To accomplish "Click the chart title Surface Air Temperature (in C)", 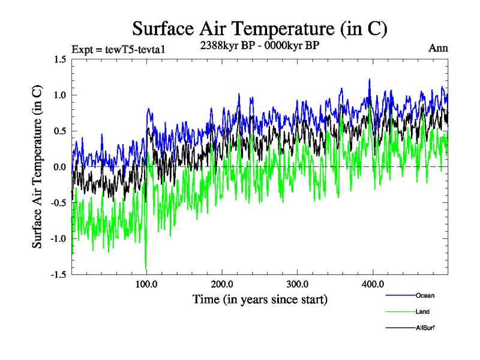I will coord(260,29).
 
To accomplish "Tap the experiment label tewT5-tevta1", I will coord(117,49).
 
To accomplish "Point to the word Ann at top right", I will coord(439,49).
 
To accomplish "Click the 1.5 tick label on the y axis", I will coord(59,59).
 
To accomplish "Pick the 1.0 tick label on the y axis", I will coord(59,95).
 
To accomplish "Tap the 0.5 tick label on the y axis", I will coord(59,131).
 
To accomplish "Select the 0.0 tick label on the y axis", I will coord(59,167).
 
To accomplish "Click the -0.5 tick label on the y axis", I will coord(58,203).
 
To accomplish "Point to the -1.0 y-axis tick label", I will coord(58,239).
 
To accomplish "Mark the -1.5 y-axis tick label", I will coord(58,275).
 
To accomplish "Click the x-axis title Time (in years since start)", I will coord(260,298).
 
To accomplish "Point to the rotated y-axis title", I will coord(37,167).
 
